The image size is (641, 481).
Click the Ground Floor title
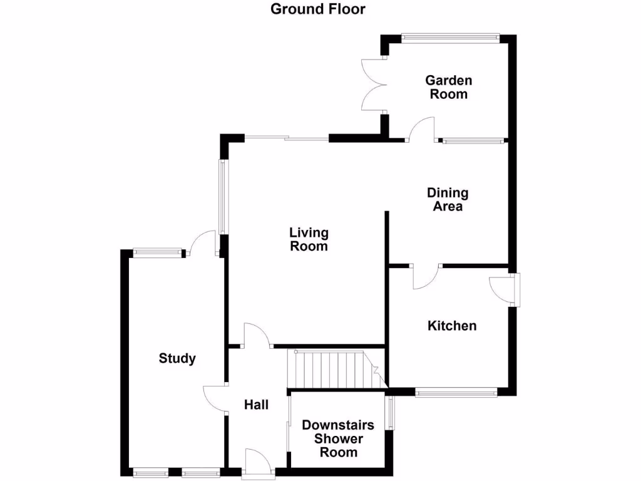[318, 9]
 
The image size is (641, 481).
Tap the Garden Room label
[448, 88]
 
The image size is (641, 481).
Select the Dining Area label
[448, 199]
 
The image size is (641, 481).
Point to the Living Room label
[309, 239]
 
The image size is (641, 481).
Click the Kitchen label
[452, 326]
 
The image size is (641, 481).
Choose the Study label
[177, 359]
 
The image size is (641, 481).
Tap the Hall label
[256, 405]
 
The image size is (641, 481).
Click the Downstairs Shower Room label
[338, 438]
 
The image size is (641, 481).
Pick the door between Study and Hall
[215, 398]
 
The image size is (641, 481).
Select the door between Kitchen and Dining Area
[426, 276]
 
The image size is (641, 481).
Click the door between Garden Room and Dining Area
[421, 129]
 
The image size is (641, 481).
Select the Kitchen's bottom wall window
[456, 393]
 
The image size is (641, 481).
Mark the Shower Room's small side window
[391, 413]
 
